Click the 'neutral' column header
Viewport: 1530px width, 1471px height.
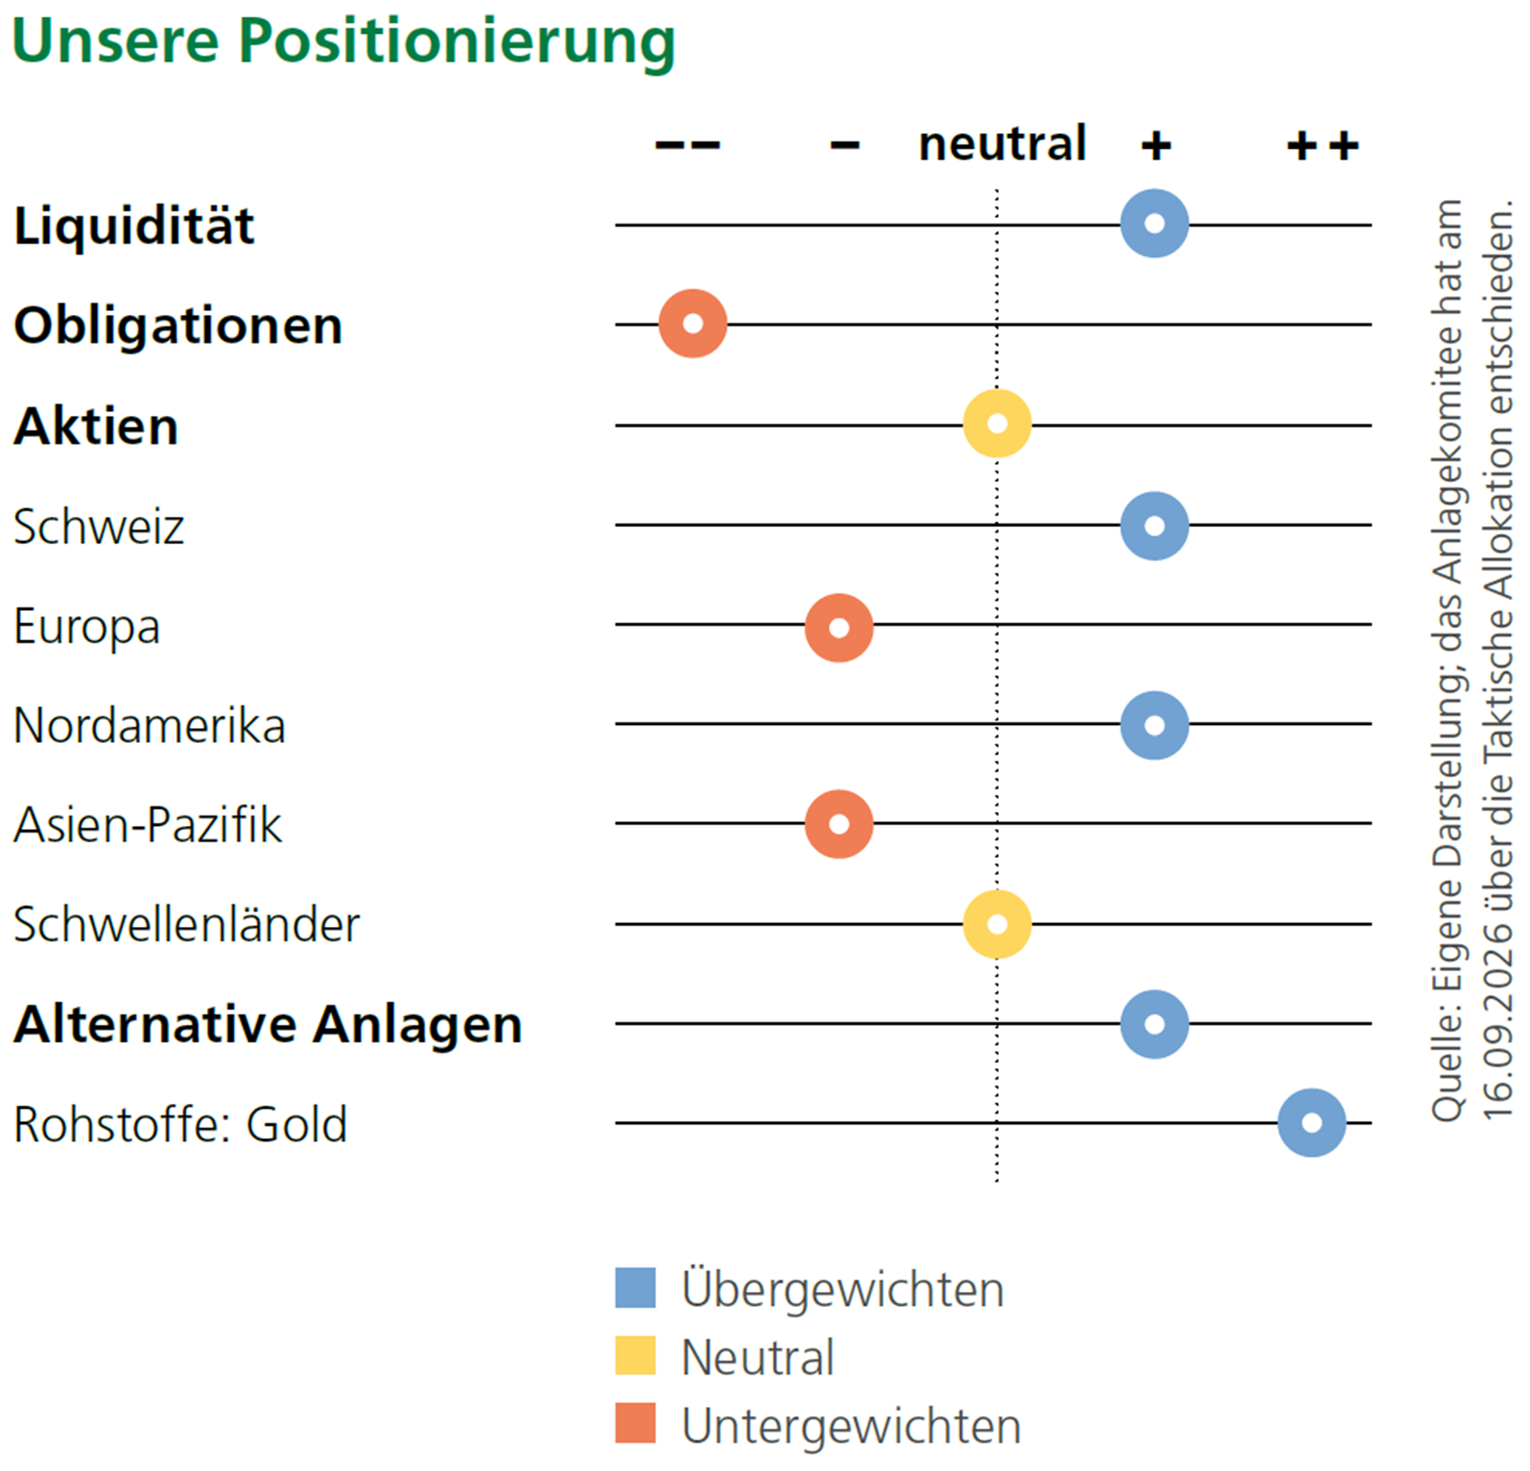(1003, 143)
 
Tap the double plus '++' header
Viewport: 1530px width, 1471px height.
(1324, 146)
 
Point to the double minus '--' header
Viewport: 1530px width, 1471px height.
(688, 145)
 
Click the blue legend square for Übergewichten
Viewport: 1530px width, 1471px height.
(635, 1288)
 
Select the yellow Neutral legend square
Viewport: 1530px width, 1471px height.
(635, 1356)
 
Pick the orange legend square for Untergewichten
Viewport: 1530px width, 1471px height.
(635, 1423)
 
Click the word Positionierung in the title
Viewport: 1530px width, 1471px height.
(457, 43)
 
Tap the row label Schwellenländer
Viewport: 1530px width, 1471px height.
(187, 924)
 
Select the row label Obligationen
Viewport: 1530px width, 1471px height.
(178, 327)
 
